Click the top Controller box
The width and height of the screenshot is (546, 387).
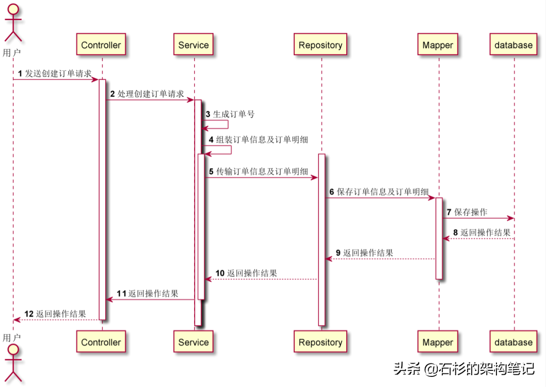(x=101, y=45)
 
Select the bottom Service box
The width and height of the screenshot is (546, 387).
(x=194, y=342)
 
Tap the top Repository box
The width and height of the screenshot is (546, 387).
(x=321, y=45)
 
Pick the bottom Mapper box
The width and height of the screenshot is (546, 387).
(x=438, y=342)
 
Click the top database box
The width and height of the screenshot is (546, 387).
(x=514, y=45)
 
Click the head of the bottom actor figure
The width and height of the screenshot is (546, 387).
(x=13, y=350)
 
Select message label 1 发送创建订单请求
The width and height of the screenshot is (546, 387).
(x=56, y=74)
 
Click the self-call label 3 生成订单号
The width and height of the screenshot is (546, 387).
(x=230, y=114)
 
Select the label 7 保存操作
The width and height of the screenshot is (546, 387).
(x=467, y=212)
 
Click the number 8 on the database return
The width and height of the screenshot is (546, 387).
(x=455, y=232)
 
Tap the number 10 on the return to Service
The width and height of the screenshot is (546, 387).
(x=220, y=273)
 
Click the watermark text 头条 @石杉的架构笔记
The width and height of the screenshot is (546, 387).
(x=464, y=369)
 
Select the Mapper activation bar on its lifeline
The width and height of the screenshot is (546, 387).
(x=439, y=237)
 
